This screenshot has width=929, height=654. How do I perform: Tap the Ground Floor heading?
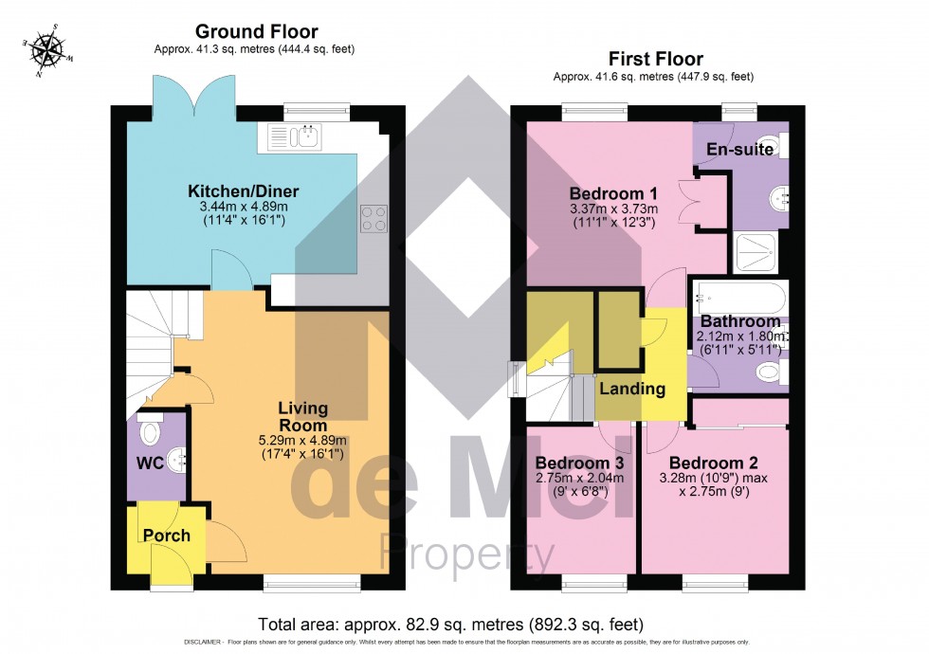[x=256, y=32]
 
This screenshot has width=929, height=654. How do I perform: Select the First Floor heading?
[x=653, y=60]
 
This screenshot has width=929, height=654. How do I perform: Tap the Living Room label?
[x=302, y=417]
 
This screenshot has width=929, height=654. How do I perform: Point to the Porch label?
[x=167, y=536]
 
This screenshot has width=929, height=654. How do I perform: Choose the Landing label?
[x=631, y=389]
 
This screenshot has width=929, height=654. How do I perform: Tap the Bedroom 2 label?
[x=714, y=463]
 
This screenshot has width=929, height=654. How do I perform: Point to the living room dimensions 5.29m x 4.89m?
[x=302, y=440]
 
